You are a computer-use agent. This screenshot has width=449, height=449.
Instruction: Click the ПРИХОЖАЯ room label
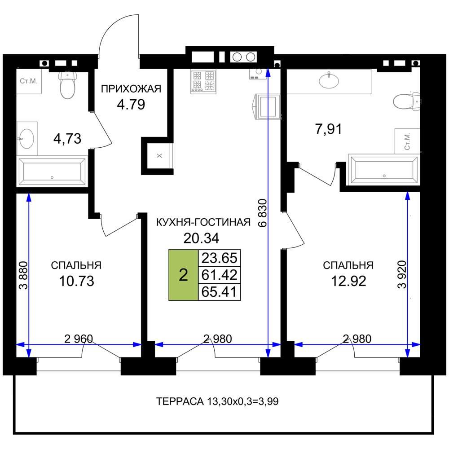[131, 89]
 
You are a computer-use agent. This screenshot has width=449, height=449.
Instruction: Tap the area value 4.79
[131, 105]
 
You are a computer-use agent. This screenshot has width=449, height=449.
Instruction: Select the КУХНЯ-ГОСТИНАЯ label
[203, 222]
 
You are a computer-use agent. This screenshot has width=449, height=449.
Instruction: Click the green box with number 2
[184, 275]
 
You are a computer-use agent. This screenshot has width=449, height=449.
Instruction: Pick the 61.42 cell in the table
[220, 275]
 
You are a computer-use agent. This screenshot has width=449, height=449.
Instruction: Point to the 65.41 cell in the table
[220, 292]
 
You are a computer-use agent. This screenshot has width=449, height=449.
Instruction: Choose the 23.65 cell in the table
[220, 258]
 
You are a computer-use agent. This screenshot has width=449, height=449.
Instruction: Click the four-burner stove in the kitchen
[203, 81]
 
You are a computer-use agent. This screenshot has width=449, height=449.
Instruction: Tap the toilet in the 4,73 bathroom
[68, 85]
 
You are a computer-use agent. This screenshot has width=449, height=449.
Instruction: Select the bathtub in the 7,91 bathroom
[384, 170]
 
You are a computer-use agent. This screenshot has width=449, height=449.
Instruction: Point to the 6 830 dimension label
[263, 213]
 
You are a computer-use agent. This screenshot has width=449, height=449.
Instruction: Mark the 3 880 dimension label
[23, 276]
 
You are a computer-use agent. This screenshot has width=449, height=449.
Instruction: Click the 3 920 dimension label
[402, 274]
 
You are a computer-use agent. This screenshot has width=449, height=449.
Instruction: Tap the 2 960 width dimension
[79, 339]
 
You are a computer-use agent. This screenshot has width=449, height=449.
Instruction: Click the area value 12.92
[348, 281]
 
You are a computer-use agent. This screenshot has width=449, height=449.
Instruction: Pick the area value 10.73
[76, 281]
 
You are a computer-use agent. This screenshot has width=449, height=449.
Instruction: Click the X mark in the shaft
[159, 155]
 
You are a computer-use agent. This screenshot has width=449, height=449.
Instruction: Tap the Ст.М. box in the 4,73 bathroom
[29, 81]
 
